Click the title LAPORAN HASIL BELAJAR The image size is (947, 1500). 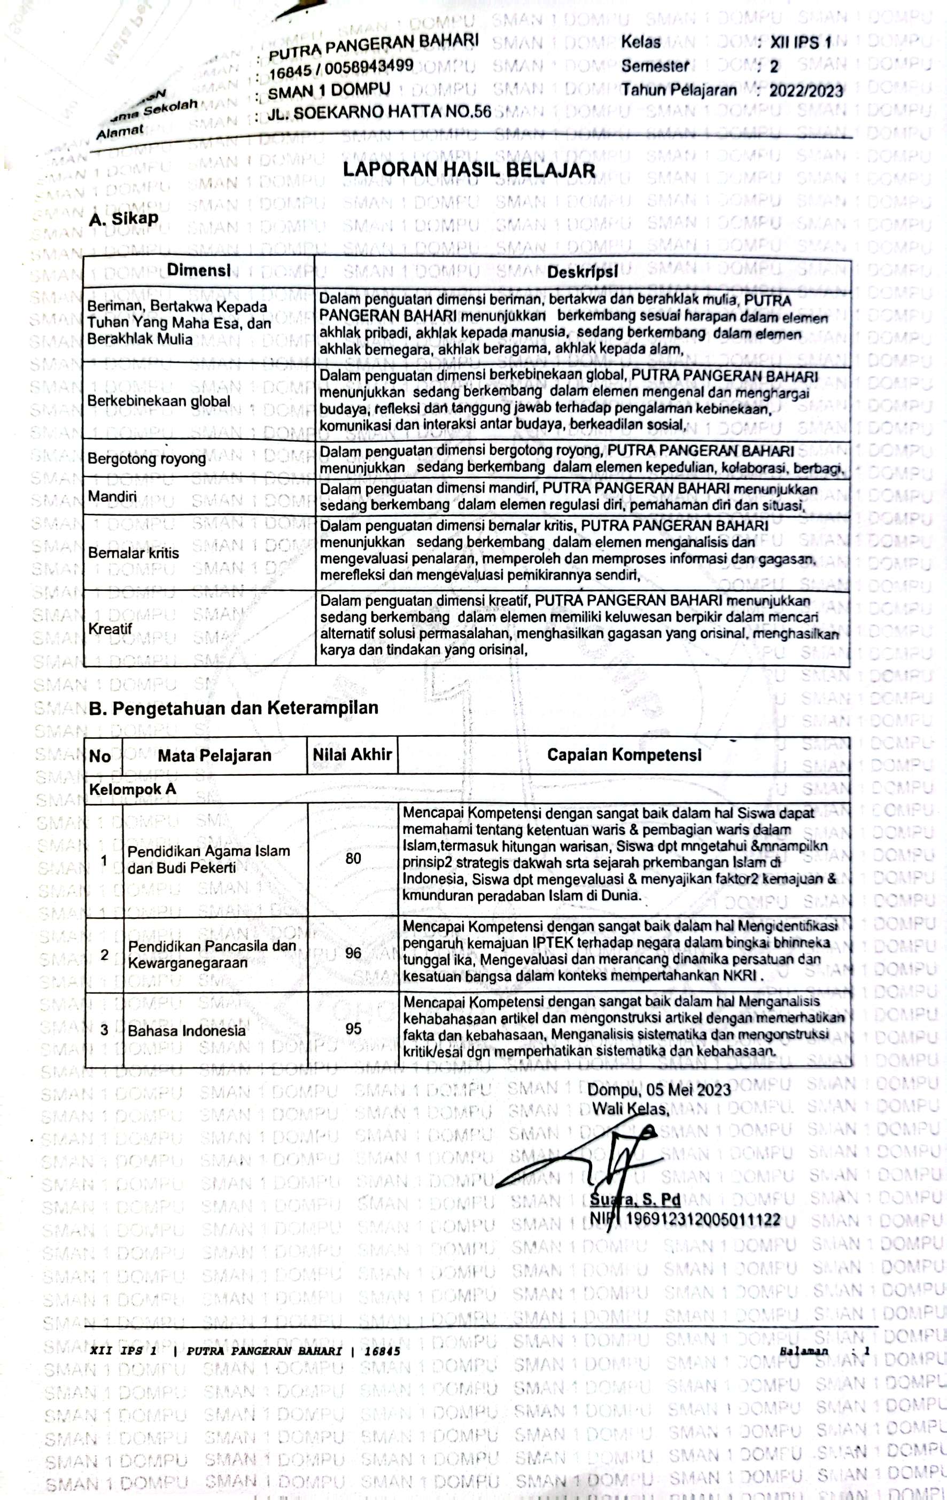(x=469, y=170)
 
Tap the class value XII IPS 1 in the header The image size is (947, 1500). (x=801, y=42)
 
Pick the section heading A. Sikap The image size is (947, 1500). (x=123, y=218)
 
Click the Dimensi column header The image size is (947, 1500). (x=199, y=271)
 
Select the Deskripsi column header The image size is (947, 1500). (x=583, y=272)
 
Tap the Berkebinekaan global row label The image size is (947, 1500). (x=159, y=401)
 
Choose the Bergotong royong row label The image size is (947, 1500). (x=146, y=458)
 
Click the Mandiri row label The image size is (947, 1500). (x=112, y=496)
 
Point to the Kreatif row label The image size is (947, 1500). (x=110, y=629)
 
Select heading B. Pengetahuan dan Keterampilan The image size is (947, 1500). (x=234, y=708)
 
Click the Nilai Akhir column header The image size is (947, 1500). (x=352, y=754)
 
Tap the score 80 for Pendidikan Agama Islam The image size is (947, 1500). (x=353, y=858)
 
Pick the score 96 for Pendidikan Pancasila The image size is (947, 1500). (x=353, y=953)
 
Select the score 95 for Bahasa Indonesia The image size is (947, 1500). (x=353, y=1028)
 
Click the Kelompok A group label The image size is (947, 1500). (x=133, y=789)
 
